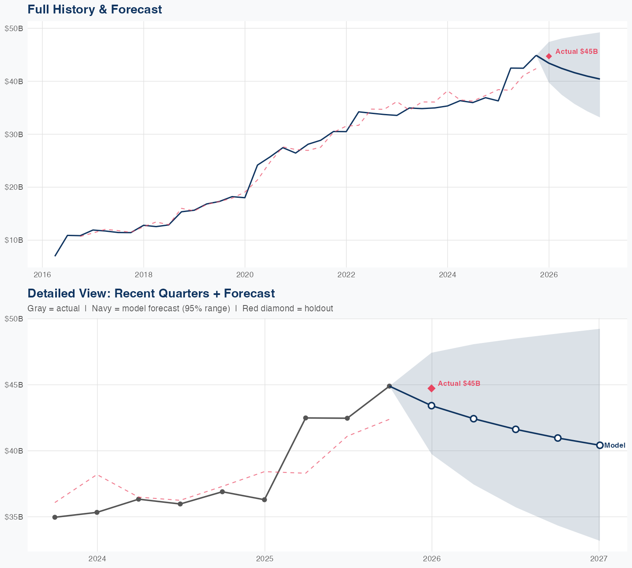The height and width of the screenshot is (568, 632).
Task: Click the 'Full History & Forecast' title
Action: click(94, 9)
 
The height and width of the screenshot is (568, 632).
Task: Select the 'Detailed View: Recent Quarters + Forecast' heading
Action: click(151, 293)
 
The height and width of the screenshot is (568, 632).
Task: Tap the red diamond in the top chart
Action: click(549, 56)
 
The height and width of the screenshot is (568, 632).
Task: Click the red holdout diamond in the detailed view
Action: click(431, 388)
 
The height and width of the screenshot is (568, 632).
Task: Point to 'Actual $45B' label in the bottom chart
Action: click(459, 384)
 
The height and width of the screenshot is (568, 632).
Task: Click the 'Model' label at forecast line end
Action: click(615, 446)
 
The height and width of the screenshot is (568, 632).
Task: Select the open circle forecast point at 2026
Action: click(431, 406)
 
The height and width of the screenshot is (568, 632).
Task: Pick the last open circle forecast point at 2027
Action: click(600, 445)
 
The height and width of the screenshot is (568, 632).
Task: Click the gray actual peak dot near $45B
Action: click(389, 386)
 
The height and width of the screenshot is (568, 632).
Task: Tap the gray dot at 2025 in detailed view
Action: click(264, 500)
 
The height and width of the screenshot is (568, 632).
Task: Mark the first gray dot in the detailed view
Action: click(55, 517)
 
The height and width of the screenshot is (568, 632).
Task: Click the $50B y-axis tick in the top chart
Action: click(13, 29)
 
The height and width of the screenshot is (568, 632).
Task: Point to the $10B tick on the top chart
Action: click(13, 240)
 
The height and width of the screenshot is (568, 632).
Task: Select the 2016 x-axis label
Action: click(42, 275)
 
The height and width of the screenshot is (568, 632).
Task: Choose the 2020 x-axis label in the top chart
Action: click(245, 275)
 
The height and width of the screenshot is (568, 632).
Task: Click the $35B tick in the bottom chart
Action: click(13, 517)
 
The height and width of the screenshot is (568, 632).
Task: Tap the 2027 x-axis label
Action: click(599, 559)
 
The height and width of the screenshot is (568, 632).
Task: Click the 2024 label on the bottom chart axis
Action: click(97, 559)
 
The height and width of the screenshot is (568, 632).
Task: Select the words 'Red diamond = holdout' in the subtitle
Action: click(287, 308)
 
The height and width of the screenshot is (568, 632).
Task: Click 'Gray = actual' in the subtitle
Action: click(54, 308)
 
